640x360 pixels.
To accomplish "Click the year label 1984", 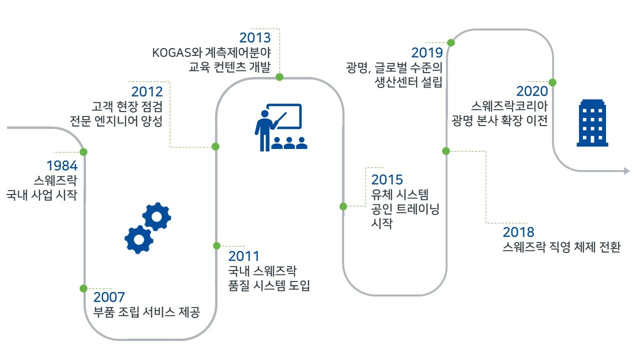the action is point(62,165).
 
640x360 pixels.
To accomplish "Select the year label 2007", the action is point(109,297).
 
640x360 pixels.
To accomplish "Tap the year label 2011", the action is point(243,256).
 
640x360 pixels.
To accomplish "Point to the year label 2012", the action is point(147,91).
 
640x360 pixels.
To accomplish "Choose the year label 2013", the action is point(255,37).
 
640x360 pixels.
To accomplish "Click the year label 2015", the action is point(387,179).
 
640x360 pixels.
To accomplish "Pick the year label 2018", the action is point(518,232).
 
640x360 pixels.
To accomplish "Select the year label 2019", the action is point(427,52).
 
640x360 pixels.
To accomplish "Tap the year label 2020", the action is point(532,91).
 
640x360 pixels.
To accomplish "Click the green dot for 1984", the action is point(83,152).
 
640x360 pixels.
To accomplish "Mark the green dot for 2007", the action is point(83,288).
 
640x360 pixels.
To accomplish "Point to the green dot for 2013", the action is point(279,77).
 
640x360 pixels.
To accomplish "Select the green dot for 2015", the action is point(343,206).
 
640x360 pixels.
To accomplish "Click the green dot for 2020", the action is point(552,82).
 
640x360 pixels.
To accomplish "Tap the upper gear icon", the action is point(156,216).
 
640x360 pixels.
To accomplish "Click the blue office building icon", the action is point(592,123).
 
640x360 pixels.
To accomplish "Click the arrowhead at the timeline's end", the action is point(627,171).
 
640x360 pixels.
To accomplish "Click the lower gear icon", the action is point(139,239).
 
